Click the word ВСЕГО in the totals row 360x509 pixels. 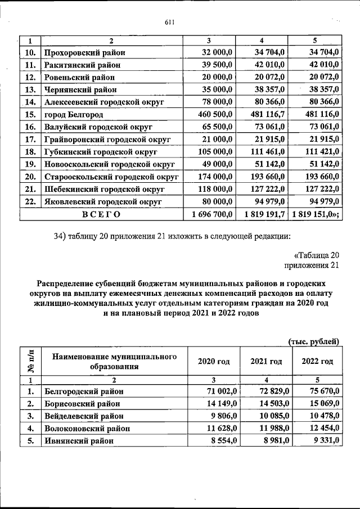(101, 214)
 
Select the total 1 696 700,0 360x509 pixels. (212, 214)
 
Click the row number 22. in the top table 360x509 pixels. (30, 201)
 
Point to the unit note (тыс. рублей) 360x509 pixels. (314, 341)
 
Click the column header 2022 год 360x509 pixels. (318, 362)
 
